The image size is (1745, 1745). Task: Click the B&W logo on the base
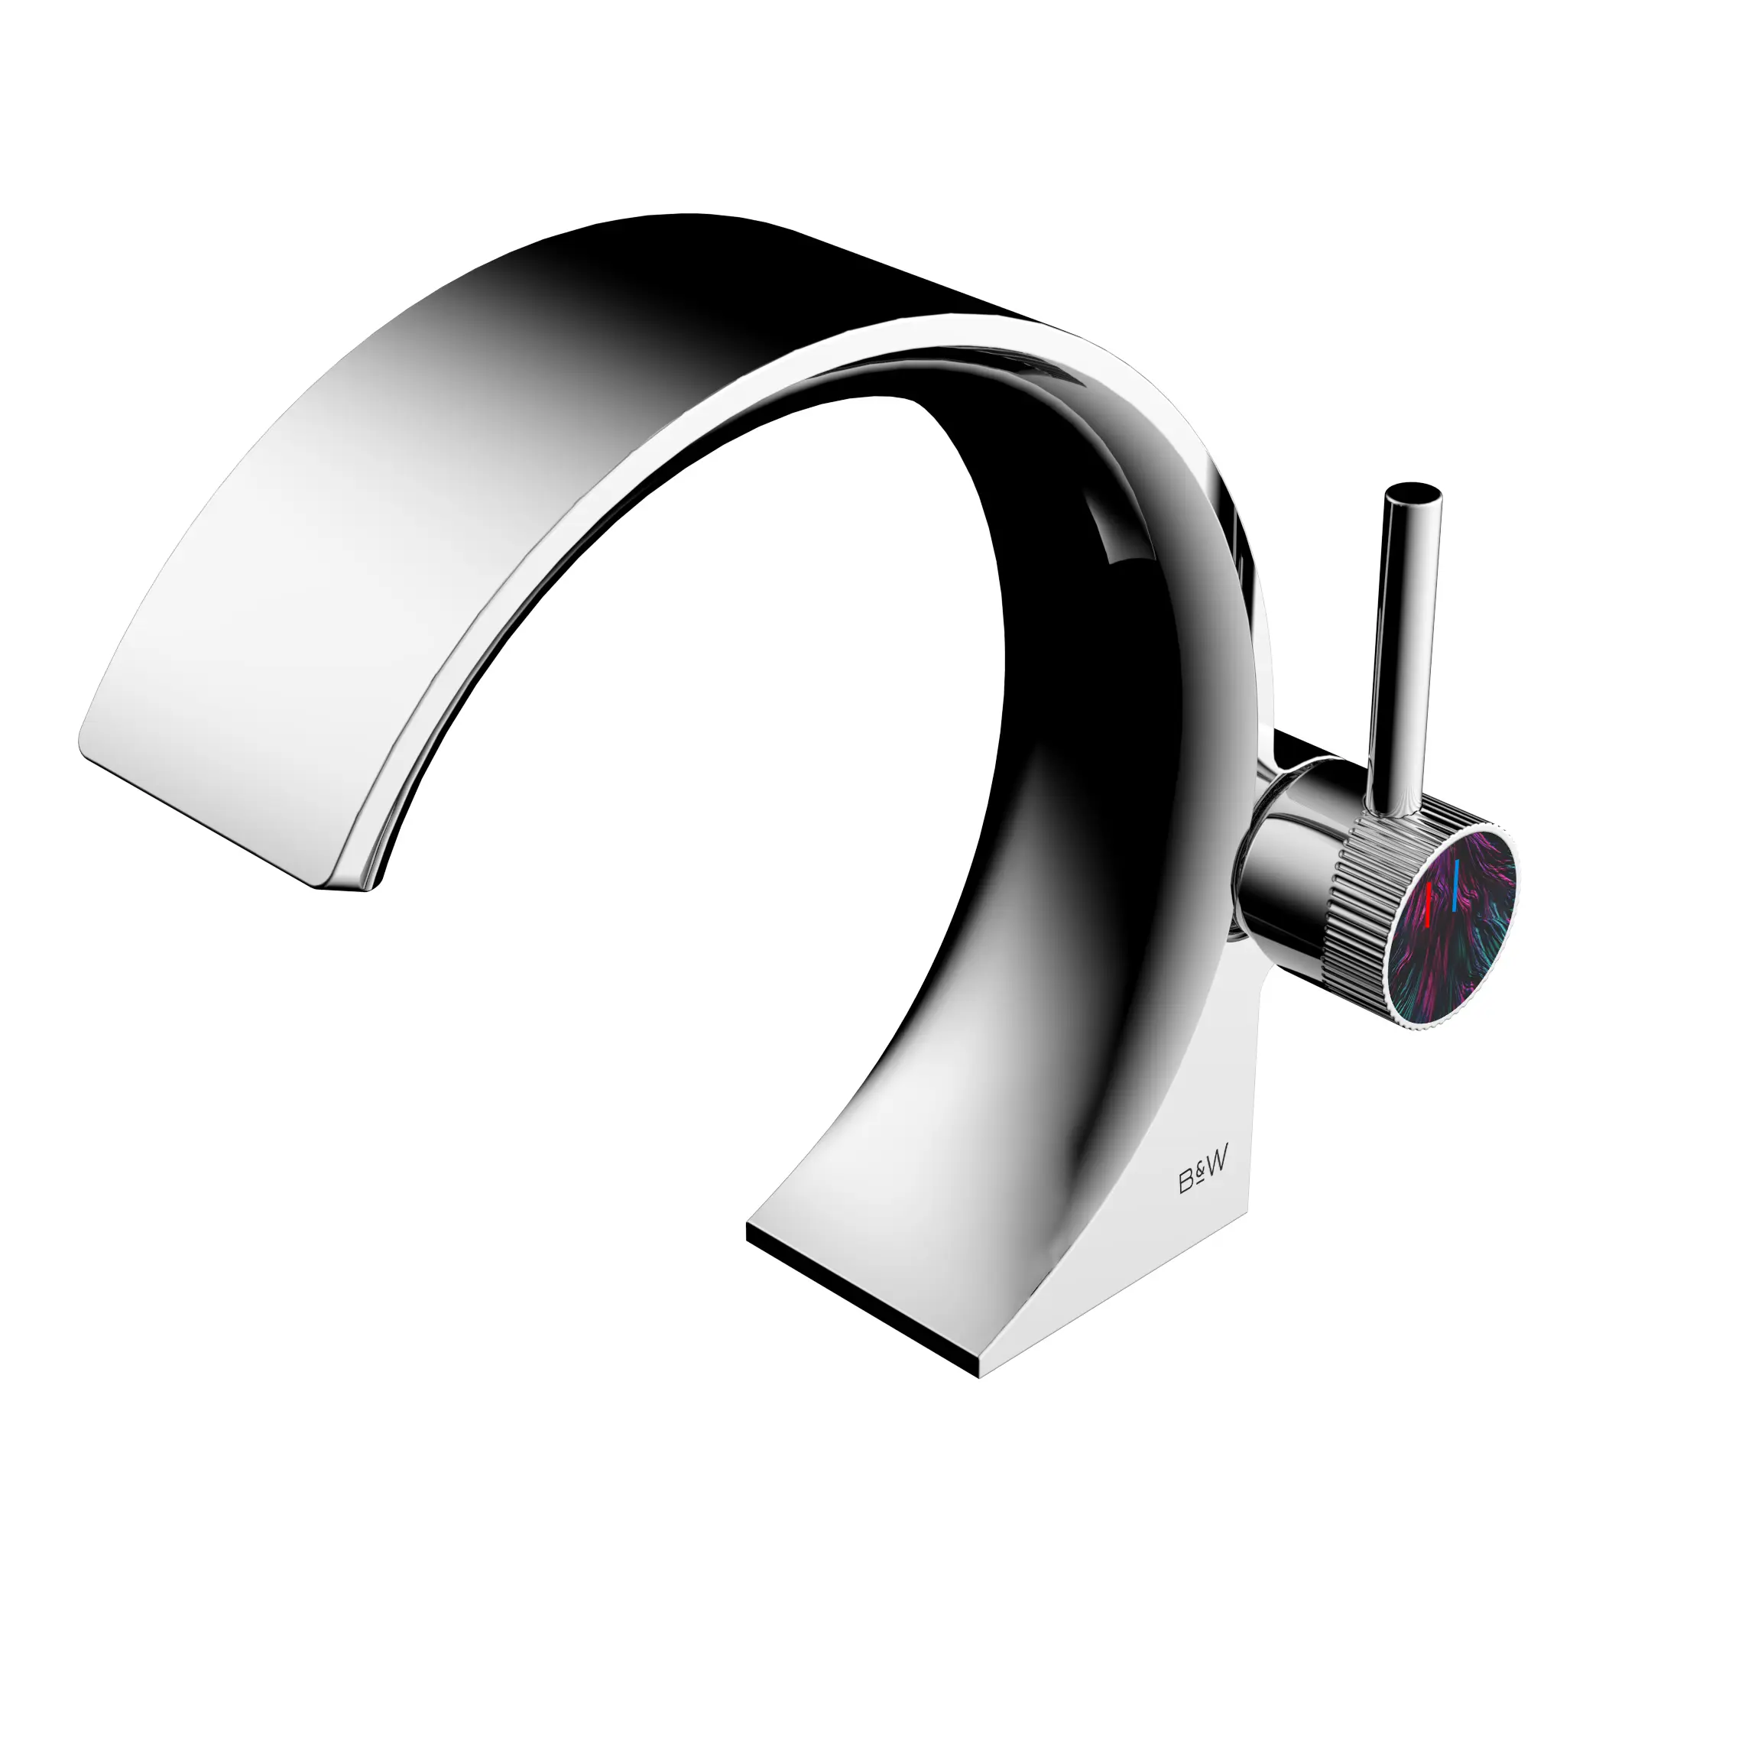[x=1203, y=1176]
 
